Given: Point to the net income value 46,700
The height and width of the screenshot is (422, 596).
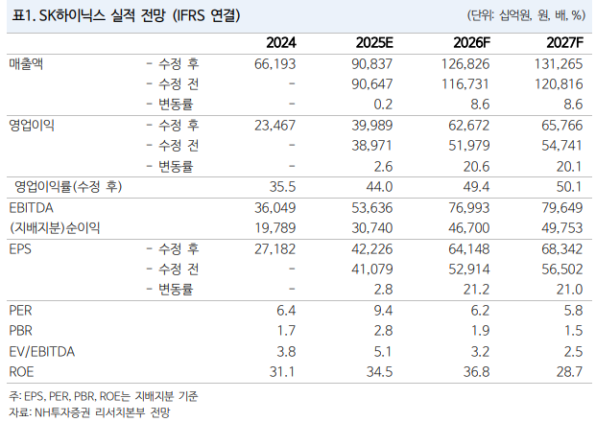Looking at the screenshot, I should pyautogui.click(x=468, y=227).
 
